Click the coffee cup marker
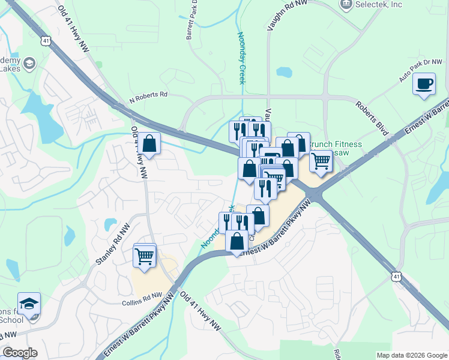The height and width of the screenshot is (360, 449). click(425, 83)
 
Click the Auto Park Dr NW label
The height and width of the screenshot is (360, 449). click(420, 71)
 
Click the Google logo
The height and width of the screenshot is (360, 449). click(20, 353)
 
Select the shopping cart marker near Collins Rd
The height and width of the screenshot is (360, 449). click(145, 256)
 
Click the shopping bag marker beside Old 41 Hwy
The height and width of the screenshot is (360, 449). click(150, 144)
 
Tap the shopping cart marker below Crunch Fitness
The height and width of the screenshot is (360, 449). click(322, 161)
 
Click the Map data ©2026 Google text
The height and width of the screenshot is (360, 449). click(412, 355)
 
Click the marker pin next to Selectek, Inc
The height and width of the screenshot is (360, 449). click(346, 5)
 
